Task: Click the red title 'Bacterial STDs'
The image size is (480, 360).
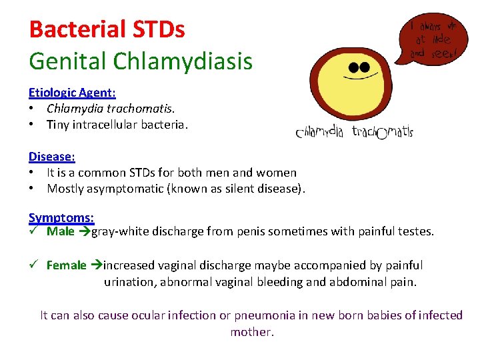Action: pyautogui.click(x=107, y=29)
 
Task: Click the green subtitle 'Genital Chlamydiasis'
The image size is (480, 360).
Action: pyautogui.click(x=141, y=61)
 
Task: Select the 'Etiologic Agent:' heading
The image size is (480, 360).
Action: pyautogui.click(x=72, y=93)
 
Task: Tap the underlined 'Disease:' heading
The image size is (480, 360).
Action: pyautogui.click(x=51, y=157)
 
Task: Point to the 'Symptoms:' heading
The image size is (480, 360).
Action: pyautogui.click(x=61, y=217)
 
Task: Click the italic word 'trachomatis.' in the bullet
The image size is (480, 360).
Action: pyautogui.click(x=143, y=108)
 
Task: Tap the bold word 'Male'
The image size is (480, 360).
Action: pyautogui.click(x=61, y=232)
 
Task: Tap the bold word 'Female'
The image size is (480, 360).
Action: pyautogui.click(x=66, y=265)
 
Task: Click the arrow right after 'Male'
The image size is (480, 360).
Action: pyautogui.click(x=83, y=232)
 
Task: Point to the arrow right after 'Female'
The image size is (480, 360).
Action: pyautogui.click(x=95, y=265)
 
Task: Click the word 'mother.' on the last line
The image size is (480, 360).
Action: pyautogui.click(x=252, y=332)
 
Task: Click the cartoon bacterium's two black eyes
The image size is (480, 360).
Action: pyautogui.click(x=359, y=67)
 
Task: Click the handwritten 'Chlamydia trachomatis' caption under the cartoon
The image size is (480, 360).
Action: pyautogui.click(x=354, y=132)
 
